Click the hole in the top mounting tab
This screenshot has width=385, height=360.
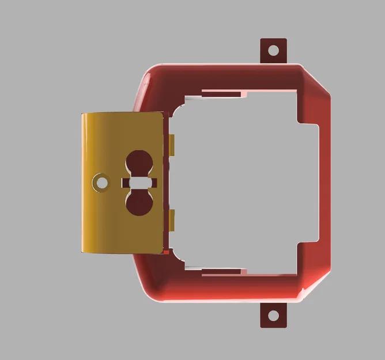coord(274,50)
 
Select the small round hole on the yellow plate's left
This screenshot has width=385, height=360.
coord(102,183)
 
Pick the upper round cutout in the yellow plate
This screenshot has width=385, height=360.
coord(138,162)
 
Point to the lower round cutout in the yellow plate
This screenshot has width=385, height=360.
coord(138,203)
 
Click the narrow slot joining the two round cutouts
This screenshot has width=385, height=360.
coord(139,183)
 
